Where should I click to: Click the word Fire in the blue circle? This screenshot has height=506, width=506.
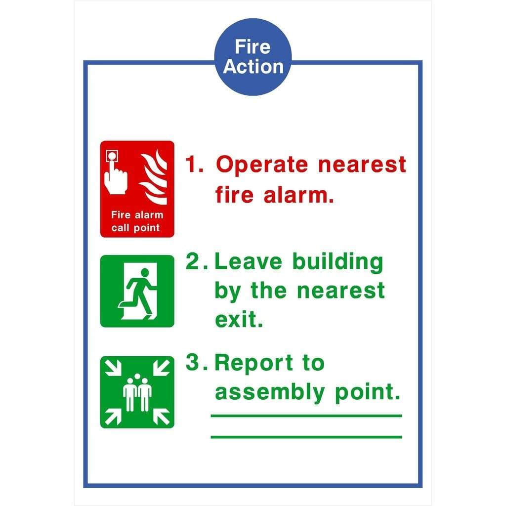tap(253, 47)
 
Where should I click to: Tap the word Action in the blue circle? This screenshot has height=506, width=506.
tap(253, 67)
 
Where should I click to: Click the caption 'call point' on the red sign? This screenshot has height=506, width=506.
tap(135, 228)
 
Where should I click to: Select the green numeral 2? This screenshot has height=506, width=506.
tap(193, 261)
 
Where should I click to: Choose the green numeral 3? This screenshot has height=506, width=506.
tap(193, 363)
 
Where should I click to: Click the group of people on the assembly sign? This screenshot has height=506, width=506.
tap(137, 393)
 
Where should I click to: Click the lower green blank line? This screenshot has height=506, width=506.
tap(306, 437)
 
